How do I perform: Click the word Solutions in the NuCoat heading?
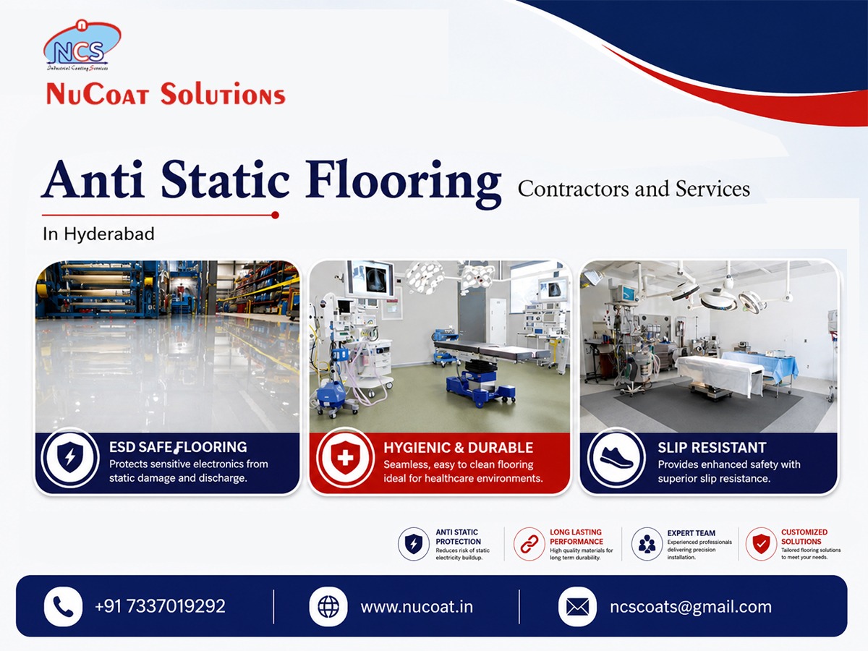click(x=223, y=95)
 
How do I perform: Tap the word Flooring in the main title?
click(x=404, y=182)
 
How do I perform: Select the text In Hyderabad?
click(x=98, y=234)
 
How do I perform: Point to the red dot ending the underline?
click(x=276, y=215)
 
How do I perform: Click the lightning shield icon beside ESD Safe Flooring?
click(x=70, y=458)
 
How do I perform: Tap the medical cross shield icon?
click(x=345, y=458)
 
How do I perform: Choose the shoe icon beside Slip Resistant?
click(x=616, y=459)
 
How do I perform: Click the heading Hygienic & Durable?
click(x=459, y=448)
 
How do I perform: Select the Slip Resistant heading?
click(x=712, y=448)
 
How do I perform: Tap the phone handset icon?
click(x=63, y=606)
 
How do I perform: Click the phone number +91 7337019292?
click(x=160, y=606)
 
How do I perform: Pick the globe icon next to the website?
click(x=328, y=607)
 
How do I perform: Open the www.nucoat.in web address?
click(x=417, y=607)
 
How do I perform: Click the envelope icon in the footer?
click(x=577, y=607)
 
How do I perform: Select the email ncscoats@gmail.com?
click(x=691, y=607)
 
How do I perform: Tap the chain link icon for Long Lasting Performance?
click(x=529, y=544)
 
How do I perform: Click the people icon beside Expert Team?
click(x=647, y=544)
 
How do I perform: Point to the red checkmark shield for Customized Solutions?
click(x=761, y=544)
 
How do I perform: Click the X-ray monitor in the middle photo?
click(x=370, y=278)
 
